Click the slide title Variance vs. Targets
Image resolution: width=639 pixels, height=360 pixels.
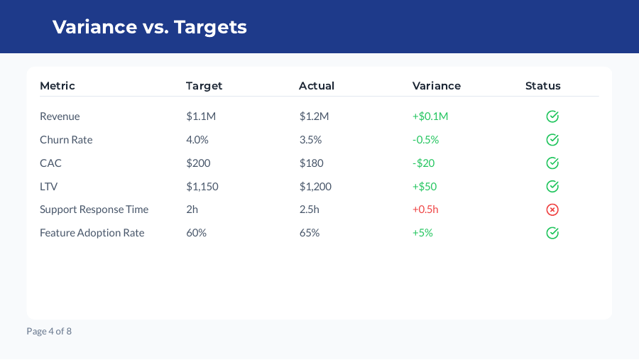click(x=150, y=27)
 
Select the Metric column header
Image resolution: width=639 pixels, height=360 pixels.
click(x=58, y=86)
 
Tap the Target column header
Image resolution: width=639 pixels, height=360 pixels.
click(x=204, y=86)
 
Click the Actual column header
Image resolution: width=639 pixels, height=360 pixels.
click(x=317, y=86)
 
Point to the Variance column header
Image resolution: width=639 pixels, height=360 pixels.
click(x=437, y=86)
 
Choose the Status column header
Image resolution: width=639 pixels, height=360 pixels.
click(x=543, y=86)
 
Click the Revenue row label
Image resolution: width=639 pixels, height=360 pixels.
click(x=60, y=116)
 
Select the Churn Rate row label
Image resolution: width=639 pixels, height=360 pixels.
click(x=66, y=140)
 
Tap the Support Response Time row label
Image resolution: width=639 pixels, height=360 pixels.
click(x=94, y=209)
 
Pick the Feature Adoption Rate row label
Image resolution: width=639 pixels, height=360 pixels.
click(x=92, y=233)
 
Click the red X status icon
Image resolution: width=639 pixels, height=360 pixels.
click(x=552, y=209)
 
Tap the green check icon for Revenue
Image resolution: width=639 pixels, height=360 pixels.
click(x=552, y=116)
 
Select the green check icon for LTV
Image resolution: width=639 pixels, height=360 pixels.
click(x=552, y=186)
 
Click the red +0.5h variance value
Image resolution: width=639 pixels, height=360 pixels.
click(x=425, y=209)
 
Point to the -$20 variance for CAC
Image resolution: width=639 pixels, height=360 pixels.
click(x=424, y=163)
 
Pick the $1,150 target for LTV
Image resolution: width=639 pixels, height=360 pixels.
click(x=202, y=187)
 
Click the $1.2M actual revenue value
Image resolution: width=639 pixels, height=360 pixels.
click(x=315, y=116)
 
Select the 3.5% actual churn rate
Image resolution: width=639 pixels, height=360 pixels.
click(x=311, y=140)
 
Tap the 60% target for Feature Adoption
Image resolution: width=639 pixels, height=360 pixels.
click(x=197, y=233)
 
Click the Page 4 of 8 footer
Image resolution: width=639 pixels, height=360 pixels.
click(x=49, y=331)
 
